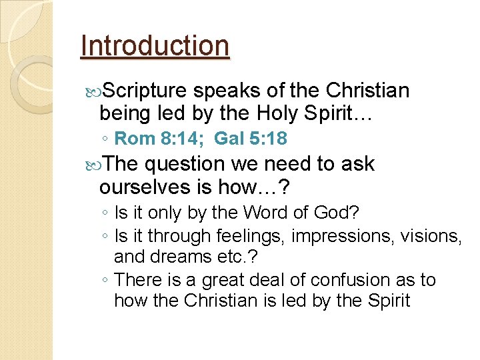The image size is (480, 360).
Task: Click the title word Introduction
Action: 155,46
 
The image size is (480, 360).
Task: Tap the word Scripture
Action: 147,91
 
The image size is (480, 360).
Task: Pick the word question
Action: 185,164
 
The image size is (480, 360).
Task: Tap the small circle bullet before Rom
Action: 105,139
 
